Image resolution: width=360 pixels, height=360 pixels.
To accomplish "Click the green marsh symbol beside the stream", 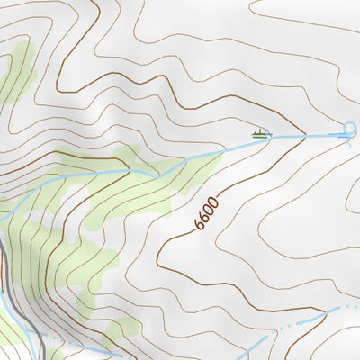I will point(261,133).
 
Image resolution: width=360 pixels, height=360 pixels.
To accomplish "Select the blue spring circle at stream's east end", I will point(350,128).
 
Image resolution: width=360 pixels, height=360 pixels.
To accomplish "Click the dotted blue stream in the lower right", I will point(297,320).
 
